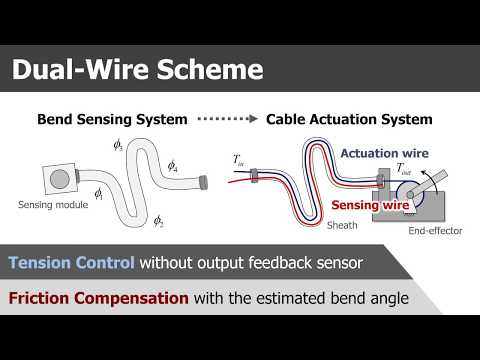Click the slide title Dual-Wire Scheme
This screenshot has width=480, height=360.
(136, 69)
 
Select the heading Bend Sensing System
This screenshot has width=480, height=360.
(112, 120)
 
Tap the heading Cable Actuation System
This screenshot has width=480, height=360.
(349, 120)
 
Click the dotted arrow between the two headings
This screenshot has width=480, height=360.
(226, 120)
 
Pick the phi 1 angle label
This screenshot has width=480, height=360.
(98, 193)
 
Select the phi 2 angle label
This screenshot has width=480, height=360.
(158, 220)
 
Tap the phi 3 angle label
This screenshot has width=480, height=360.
(118, 146)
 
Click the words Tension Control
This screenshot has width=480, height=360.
(71, 264)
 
